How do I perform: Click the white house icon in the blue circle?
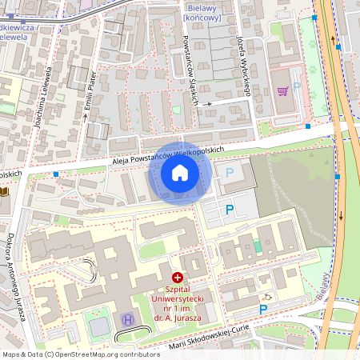pos(180,173)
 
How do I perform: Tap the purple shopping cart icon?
pos(282,90)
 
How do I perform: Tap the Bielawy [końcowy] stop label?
pos(202,11)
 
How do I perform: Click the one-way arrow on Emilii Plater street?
pos(86,118)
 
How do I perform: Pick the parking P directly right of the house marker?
pos(230,172)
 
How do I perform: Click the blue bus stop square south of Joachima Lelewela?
pos(56,174)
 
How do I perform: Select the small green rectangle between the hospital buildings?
pos(257,246)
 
